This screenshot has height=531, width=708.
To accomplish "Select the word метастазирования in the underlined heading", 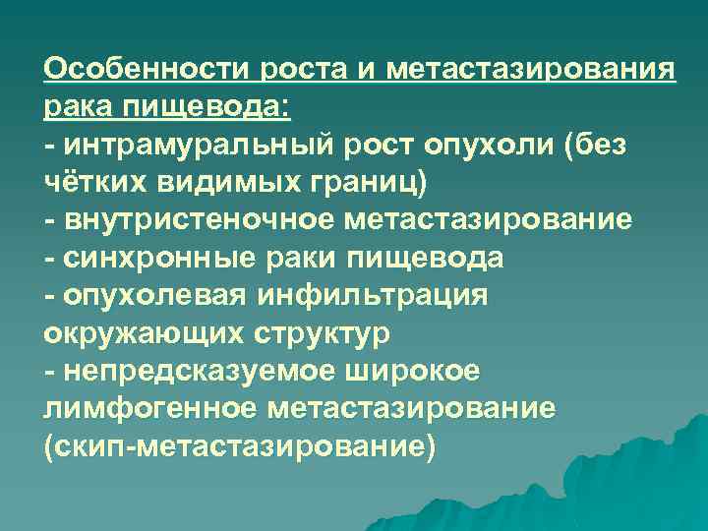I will pyautogui.click(x=532, y=72).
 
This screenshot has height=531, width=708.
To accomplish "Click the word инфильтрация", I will pyautogui.click(x=369, y=295).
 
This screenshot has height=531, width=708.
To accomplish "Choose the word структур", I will pyautogui.click(x=315, y=332).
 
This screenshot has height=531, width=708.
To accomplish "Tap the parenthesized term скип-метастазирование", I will pyautogui.click(x=238, y=445).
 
